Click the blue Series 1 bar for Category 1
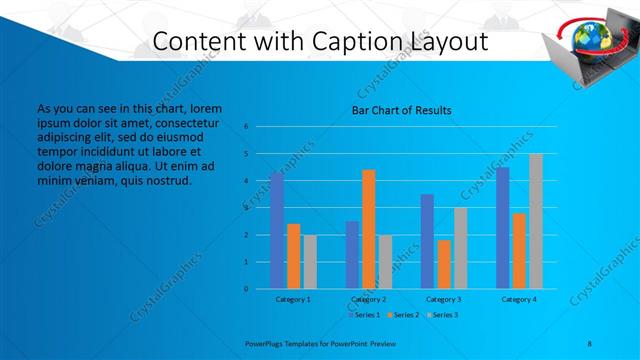[x=276, y=230]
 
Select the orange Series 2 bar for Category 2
[x=368, y=229]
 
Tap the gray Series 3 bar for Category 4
[x=535, y=221]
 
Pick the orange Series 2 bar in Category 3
[x=443, y=264]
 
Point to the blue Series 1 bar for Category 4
[x=502, y=228]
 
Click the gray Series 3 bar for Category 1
[x=309, y=262]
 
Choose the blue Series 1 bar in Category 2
[x=352, y=255]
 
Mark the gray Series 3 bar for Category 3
[x=460, y=248]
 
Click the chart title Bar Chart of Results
[x=401, y=110]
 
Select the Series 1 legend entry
[x=363, y=315]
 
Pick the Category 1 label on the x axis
[x=293, y=299]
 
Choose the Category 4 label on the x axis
[x=518, y=299]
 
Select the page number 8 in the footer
[x=590, y=342]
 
